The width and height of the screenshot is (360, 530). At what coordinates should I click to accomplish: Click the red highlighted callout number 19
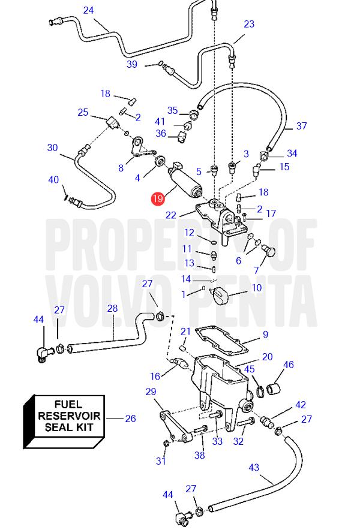158,199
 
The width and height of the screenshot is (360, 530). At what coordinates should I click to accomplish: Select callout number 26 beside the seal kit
130,418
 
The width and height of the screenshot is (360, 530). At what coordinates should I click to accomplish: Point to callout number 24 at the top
88,10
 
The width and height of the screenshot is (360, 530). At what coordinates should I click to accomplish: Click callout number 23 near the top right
248,24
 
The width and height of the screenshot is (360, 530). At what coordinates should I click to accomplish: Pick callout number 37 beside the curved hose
301,126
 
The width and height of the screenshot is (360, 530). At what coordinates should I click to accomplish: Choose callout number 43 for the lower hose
253,467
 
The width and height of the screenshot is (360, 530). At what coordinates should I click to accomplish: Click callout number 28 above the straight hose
112,308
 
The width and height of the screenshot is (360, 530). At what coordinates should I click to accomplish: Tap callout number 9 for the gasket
265,335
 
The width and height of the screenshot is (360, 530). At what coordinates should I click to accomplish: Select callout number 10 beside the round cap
256,288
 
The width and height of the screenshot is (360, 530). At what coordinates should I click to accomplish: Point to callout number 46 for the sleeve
289,365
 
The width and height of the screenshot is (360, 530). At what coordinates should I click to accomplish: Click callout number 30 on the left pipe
52,147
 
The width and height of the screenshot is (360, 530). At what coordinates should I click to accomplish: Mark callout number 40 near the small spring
53,179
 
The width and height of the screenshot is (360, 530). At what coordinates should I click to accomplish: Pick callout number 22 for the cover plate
171,215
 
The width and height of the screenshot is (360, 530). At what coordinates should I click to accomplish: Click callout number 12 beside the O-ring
189,233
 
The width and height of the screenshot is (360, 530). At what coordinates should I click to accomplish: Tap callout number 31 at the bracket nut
160,461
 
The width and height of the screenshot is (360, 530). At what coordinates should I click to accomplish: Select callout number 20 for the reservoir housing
267,357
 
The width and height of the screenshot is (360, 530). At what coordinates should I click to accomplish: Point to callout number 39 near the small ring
132,64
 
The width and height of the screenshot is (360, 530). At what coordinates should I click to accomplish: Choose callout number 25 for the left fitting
83,112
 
